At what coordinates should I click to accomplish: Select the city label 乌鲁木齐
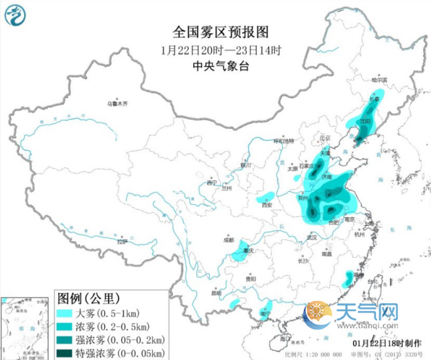[x=119, y=103]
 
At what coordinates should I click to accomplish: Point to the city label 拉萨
[x=122, y=242]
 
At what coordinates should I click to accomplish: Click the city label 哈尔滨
[x=379, y=80]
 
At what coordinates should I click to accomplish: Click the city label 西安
[x=266, y=205]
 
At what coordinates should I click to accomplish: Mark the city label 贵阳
[x=251, y=279]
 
